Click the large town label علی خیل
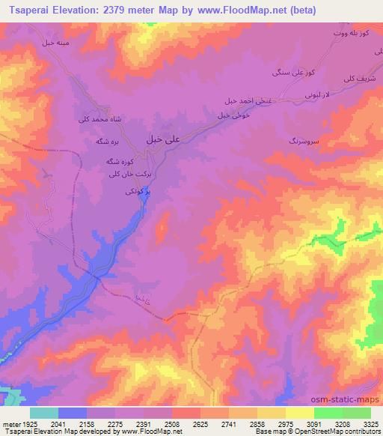(x=163, y=139)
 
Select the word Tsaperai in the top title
(x=28, y=10)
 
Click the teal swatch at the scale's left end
(x=43, y=412)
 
